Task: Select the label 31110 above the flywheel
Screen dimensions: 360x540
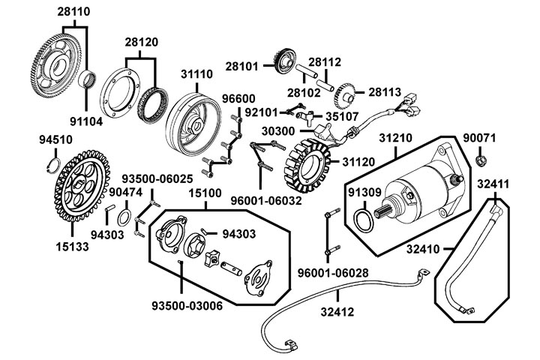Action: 196,74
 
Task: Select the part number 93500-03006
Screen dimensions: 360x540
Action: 187,306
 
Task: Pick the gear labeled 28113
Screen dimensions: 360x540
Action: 346,93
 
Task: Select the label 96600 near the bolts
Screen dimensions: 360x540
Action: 238,99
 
